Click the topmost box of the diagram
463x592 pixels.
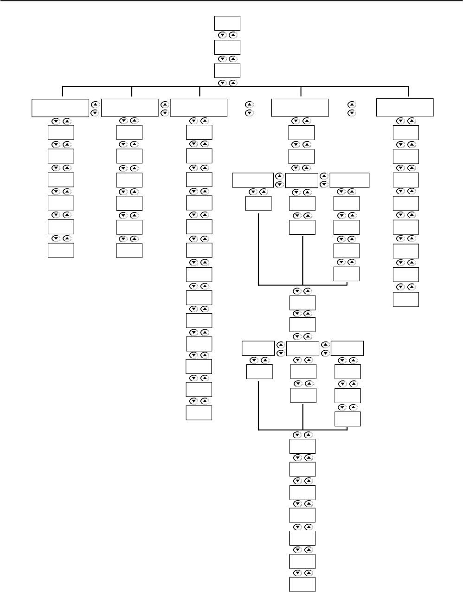pyautogui.click(x=227, y=23)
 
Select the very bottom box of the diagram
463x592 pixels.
pyautogui.click(x=302, y=585)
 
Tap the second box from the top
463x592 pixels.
pyautogui.click(x=227, y=47)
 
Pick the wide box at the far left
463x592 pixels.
pyautogui.click(x=59, y=107)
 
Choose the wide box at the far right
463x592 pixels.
pyautogui.click(x=405, y=107)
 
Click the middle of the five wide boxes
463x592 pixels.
pyautogui.click(x=199, y=107)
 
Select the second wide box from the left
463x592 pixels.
pyautogui.click(x=130, y=107)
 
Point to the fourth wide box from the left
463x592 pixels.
pyautogui.click(x=300, y=107)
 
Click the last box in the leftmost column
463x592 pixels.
pyautogui.click(x=61, y=250)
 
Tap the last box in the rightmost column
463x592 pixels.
pyautogui.click(x=405, y=299)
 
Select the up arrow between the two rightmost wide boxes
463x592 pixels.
pyautogui.click(x=351, y=104)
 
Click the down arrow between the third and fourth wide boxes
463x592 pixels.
pyautogui.click(x=249, y=113)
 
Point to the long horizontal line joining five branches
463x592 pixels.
pyautogui.click(x=236, y=87)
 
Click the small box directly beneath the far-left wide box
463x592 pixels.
pyautogui.click(x=61, y=133)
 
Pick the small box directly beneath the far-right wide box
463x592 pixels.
pyautogui.click(x=405, y=133)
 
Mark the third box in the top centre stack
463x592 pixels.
pyautogui.click(x=227, y=71)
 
